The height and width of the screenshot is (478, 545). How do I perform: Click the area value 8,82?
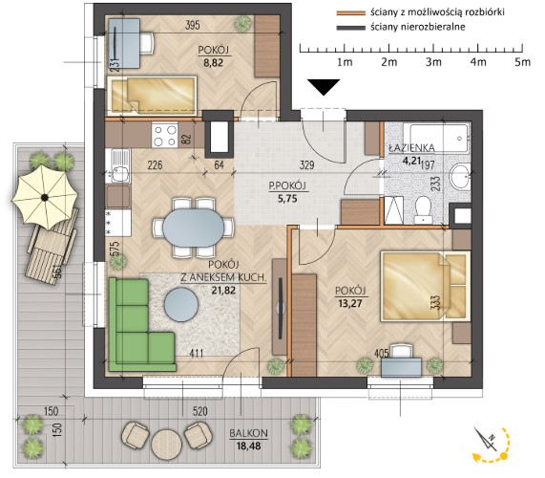pos(214,63)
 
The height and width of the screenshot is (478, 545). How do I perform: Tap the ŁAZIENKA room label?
pos(411,148)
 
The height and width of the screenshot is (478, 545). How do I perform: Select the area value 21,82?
pos(223,290)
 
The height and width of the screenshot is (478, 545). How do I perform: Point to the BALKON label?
pos(248,433)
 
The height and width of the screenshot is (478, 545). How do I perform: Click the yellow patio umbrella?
pos(45,197)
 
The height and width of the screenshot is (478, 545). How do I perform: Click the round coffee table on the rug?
pos(181,306)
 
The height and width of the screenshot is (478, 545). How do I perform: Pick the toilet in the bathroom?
pos(423,210)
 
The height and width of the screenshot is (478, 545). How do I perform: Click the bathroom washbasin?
pos(461,177)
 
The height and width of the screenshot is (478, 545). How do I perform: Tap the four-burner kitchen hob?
pos(165,135)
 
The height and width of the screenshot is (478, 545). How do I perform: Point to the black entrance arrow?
pos(324,87)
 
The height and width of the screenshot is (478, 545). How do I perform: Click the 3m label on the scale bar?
pos(433,62)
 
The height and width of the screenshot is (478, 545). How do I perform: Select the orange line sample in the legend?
pos(350,12)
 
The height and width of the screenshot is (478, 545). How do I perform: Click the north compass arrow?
pos(487,439)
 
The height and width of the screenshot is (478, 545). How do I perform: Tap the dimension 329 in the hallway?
pos(307,164)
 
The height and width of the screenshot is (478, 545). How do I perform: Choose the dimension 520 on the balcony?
pos(199,411)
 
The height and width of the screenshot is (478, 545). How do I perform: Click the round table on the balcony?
pos(166,444)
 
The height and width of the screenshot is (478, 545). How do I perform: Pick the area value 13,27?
pos(350,303)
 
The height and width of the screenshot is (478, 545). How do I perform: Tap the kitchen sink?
pos(120,166)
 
